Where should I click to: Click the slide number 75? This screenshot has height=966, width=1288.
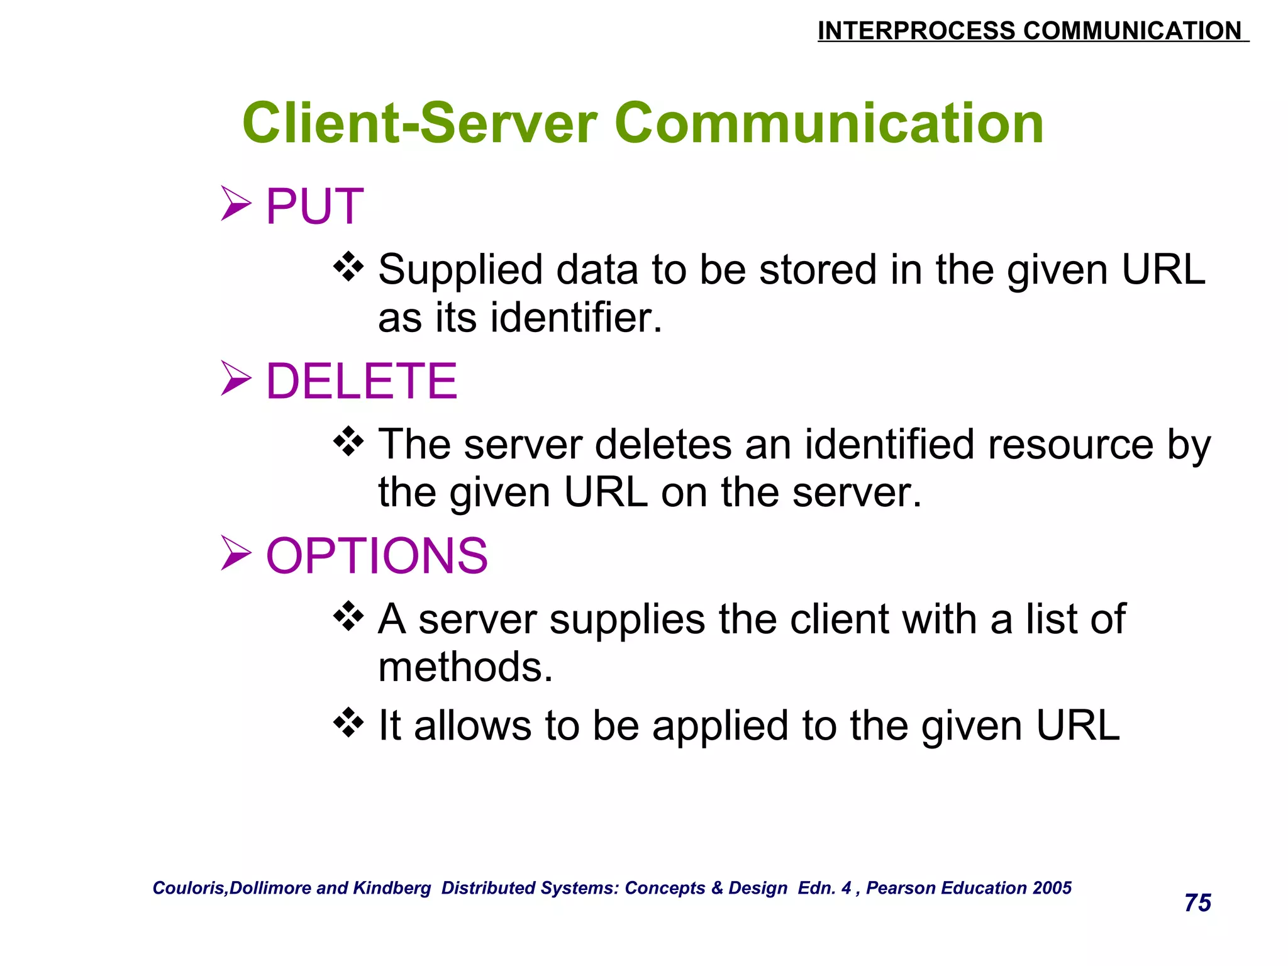1197,903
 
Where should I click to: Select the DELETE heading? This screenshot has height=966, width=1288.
362,381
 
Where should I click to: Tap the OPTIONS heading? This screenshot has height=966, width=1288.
377,556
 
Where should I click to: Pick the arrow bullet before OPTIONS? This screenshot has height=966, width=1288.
236,553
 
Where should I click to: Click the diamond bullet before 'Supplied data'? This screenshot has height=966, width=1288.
348,267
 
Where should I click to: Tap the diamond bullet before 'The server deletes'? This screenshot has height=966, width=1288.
348,441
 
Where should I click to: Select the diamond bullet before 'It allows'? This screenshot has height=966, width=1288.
348,723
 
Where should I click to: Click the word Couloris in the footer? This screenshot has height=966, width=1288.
189,888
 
